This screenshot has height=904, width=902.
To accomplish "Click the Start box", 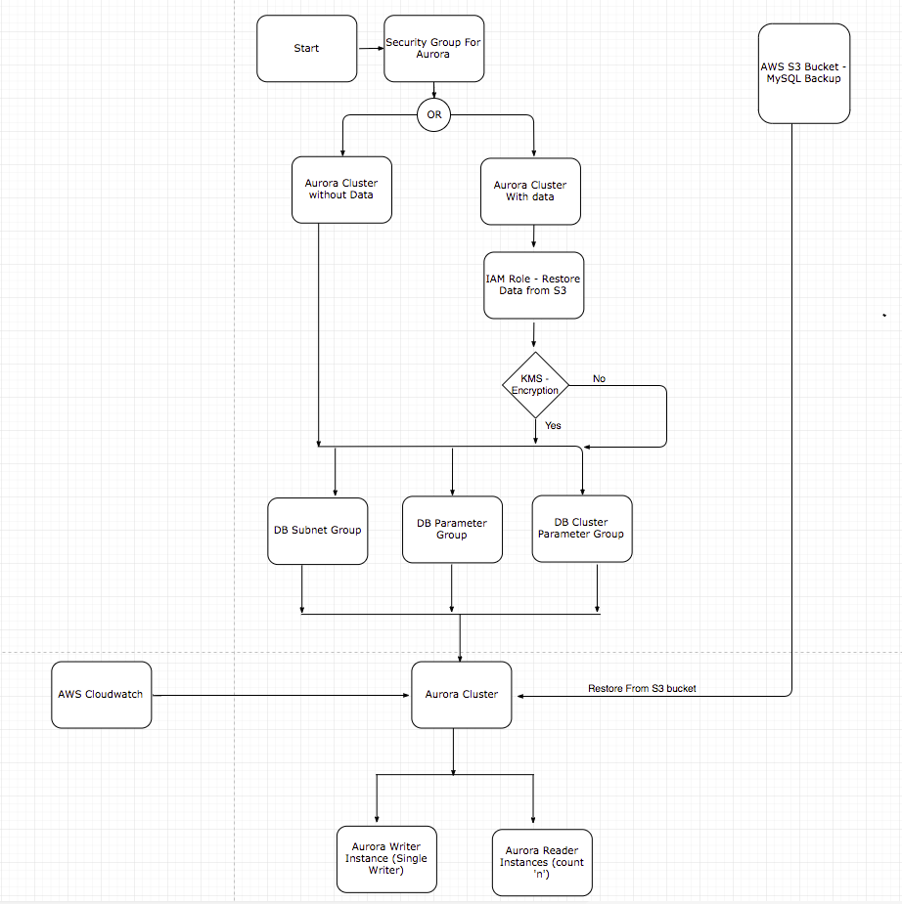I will (306, 48).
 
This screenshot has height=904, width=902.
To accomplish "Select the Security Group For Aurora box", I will (433, 48).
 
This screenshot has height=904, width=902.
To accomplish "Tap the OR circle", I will (433, 115).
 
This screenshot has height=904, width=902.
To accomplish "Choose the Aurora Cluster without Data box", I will (341, 190).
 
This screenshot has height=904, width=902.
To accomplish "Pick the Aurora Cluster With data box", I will (530, 191).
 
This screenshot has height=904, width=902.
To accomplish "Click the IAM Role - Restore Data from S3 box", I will (533, 285).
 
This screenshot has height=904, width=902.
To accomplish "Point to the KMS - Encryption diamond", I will (535, 385).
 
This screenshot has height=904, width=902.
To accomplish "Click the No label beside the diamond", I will (600, 378).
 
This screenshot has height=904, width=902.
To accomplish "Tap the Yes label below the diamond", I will (554, 425).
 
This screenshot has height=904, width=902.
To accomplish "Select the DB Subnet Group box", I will (318, 531).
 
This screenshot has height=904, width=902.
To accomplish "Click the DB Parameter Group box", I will (452, 529).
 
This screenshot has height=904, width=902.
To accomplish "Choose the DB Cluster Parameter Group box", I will (581, 528).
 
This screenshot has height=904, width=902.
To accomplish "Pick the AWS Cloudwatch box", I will (101, 694).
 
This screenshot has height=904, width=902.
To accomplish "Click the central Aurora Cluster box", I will (462, 694).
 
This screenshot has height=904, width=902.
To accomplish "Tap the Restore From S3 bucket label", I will (642, 689).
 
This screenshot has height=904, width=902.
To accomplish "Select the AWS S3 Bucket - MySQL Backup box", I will (804, 73).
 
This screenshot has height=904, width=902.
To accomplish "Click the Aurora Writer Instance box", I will (386, 859).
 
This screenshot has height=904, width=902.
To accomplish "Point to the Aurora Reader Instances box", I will (542, 863).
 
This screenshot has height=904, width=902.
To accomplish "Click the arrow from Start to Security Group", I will (369, 48).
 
